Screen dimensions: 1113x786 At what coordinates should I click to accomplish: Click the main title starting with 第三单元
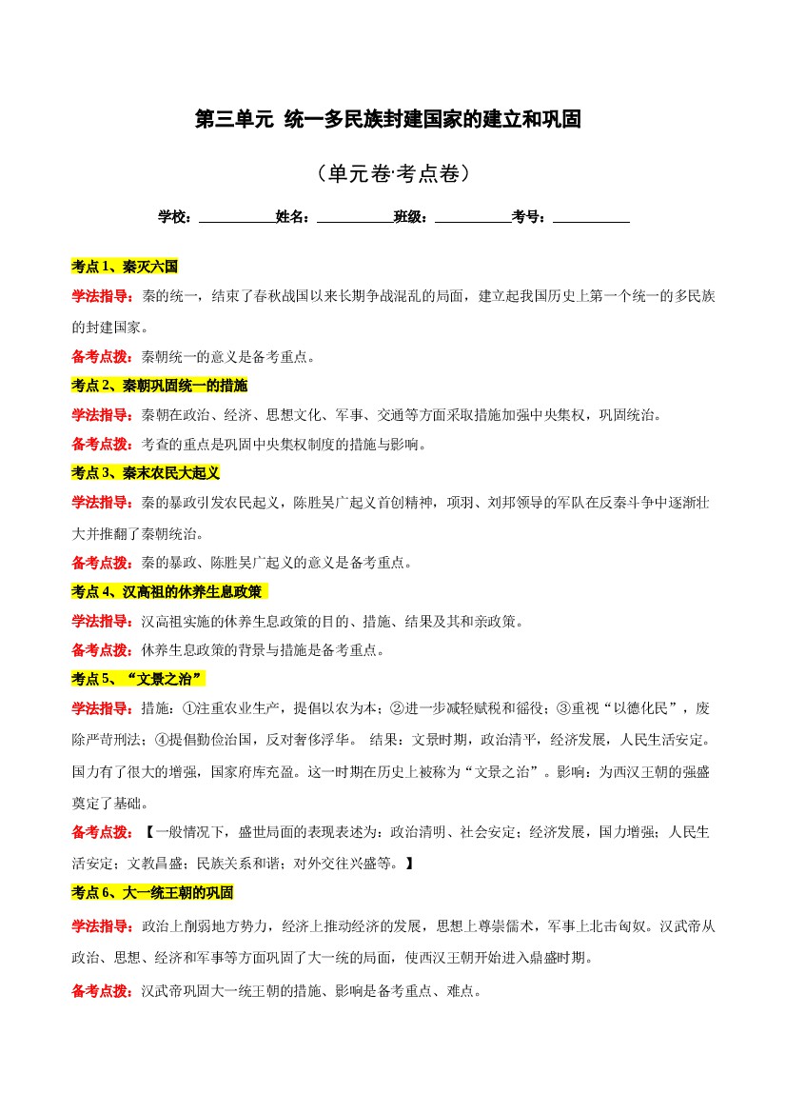[x=387, y=120]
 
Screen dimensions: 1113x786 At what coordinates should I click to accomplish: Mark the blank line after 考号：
[x=591, y=217]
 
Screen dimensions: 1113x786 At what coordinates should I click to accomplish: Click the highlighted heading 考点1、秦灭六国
[x=125, y=267]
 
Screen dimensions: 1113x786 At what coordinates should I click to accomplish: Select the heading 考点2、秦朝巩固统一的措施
[x=159, y=386]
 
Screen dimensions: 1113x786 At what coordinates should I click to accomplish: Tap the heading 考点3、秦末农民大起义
[x=146, y=473]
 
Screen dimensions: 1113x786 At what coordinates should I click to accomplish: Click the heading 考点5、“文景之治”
[x=138, y=679]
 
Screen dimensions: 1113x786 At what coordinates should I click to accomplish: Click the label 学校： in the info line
[x=177, y=217]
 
